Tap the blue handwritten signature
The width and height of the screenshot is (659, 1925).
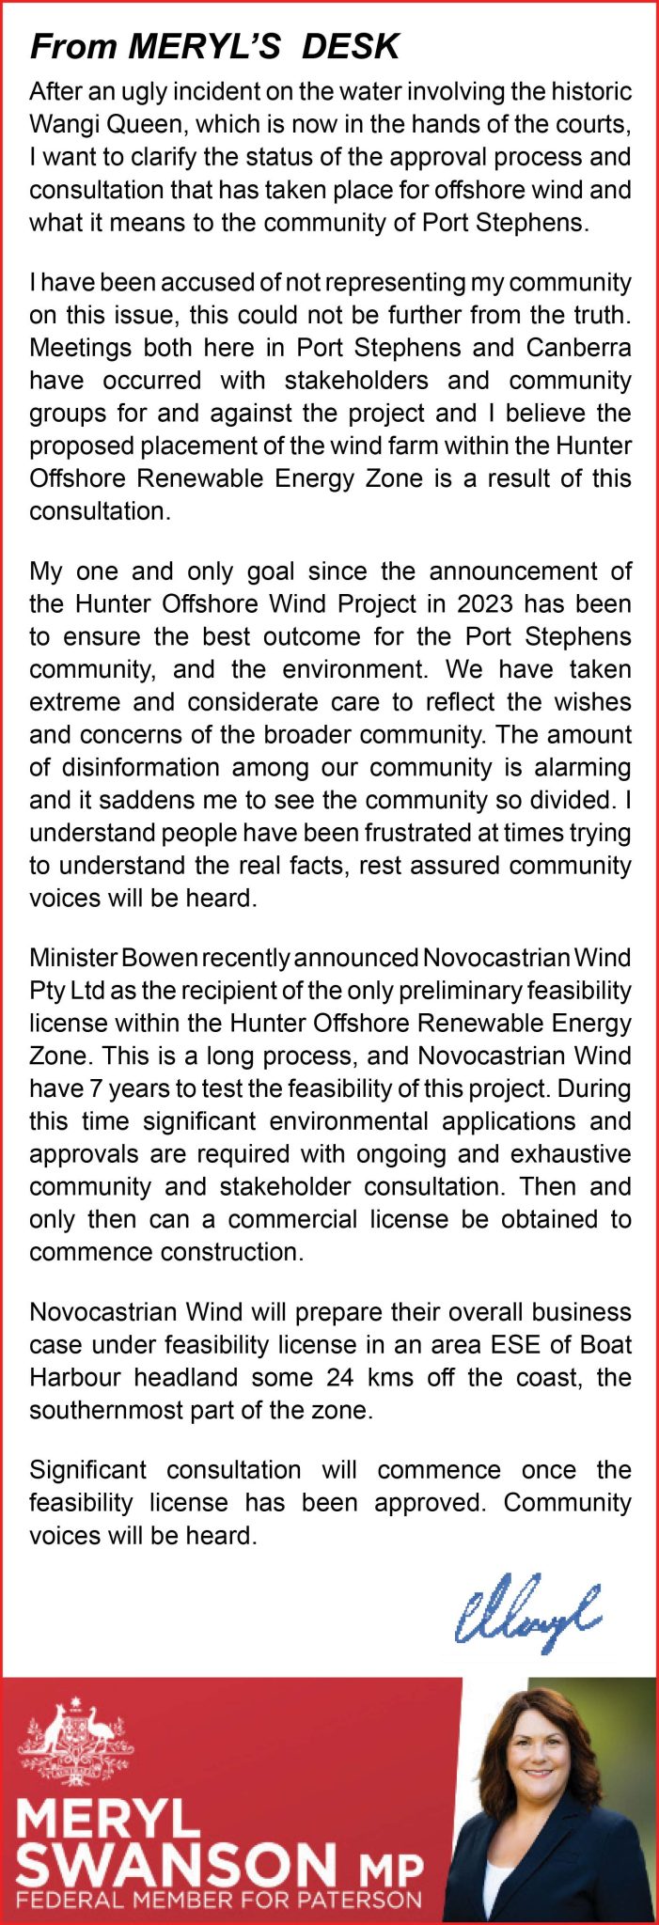527,1608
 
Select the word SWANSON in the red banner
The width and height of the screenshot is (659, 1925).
177,1857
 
